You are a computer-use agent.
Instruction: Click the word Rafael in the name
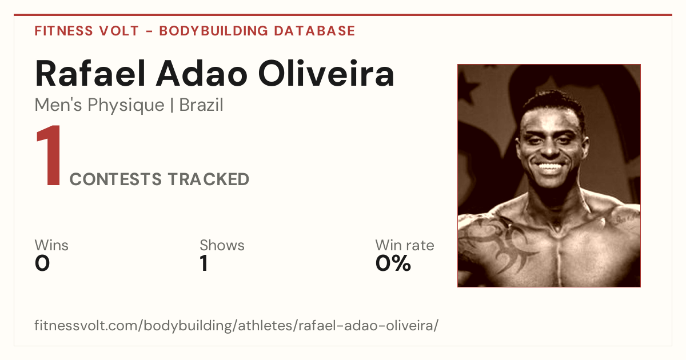point(90,74)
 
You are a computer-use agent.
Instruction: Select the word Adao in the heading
point(201,74)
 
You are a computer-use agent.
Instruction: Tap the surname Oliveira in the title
point(326,74)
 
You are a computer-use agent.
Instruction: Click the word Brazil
point(201,105)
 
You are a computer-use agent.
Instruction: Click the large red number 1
point(49,155)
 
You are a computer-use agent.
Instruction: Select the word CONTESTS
point(115,179)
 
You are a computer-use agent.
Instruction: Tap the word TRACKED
point(209,179)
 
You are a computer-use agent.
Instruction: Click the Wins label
point(51,245)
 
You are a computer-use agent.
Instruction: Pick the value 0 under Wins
point(42,263)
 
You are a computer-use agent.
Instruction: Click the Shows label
point(222,245)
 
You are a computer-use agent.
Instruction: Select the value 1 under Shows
point(204,263)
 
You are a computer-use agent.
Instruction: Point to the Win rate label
point(405,245)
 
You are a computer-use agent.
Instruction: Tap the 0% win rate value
point(393,263)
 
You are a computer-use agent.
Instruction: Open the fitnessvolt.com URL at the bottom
point(237,325)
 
